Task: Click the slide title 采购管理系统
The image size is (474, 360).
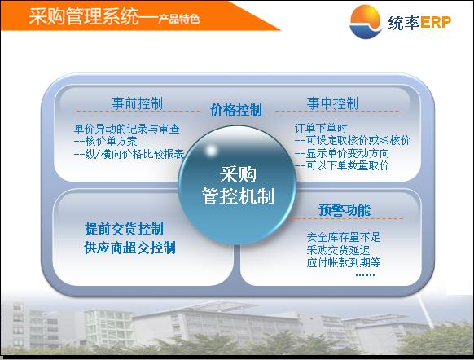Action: [84, 16]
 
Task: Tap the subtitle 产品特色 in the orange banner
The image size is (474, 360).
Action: [178, 19]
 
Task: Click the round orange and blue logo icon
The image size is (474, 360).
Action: [365, 22]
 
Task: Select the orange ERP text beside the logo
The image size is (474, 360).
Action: [435, 22]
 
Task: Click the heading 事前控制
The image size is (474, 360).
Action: [138, 103]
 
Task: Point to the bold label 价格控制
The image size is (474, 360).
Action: [236, 110]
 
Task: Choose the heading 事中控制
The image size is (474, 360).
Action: [332, 103]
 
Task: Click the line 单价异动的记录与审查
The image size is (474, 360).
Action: [127, 129]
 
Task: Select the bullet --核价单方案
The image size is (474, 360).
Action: [106, 141]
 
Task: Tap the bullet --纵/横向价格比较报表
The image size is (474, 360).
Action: [129, 154]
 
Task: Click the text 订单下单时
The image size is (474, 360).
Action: [321, 128]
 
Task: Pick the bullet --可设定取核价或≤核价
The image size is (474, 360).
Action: [353, 140]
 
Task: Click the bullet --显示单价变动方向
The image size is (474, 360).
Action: [342, 153]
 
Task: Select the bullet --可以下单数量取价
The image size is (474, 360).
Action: [342, 165]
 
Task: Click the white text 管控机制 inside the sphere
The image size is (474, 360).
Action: [238, 195]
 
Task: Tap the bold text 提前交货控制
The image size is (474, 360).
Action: [125, 229]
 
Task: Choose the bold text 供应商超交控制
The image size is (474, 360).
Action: [130, 248]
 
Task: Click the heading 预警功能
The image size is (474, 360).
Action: [345, 210]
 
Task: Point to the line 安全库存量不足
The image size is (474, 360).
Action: [344, 237]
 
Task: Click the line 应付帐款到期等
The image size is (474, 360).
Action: [344, 262]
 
